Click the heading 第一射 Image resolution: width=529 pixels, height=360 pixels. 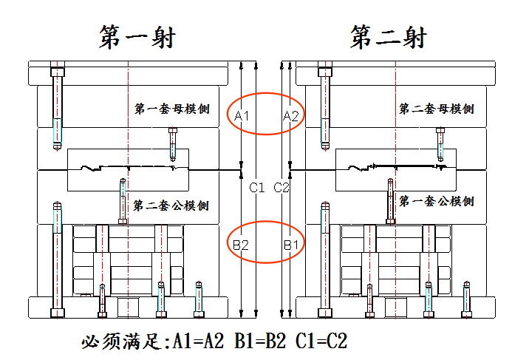pos(137,37)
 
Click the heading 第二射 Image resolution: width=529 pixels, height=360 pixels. pos(389,37)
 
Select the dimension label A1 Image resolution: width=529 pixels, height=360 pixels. pos(242,116)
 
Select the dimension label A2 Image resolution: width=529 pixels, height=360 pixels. pos(291,116)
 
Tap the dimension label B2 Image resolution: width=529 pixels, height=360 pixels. pos(241,244)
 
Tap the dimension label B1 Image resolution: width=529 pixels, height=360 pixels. pos(291,244)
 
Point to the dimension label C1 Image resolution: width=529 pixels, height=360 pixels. pos(256,187)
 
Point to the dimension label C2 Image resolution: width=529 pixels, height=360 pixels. pos(281,187)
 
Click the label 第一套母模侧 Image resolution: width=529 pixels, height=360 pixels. pos(172,109)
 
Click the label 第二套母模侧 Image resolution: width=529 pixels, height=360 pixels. pos(437,109)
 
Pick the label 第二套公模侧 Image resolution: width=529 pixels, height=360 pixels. pos(171,206)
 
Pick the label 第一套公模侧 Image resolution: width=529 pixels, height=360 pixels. pos(437,201)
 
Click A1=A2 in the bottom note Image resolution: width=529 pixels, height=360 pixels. pos(198,341)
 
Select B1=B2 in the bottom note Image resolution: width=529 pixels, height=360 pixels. pos(260,341)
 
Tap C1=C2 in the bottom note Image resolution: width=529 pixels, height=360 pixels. pos(321,341)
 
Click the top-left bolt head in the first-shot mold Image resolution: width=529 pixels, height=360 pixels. pos(58,72)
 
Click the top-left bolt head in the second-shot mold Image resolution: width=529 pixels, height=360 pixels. pos(325,72)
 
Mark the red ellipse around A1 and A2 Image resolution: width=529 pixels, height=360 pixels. pos(265,93)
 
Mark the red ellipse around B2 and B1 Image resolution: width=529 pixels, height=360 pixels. pos(265,221)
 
